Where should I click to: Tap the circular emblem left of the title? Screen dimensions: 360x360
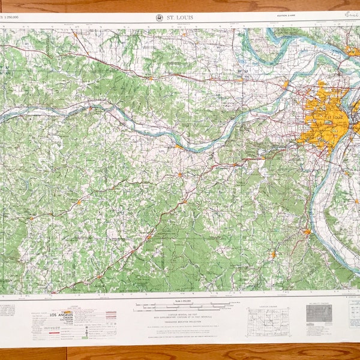tap(159, 18)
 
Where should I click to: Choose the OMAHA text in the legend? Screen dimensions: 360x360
tap(62, 319)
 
